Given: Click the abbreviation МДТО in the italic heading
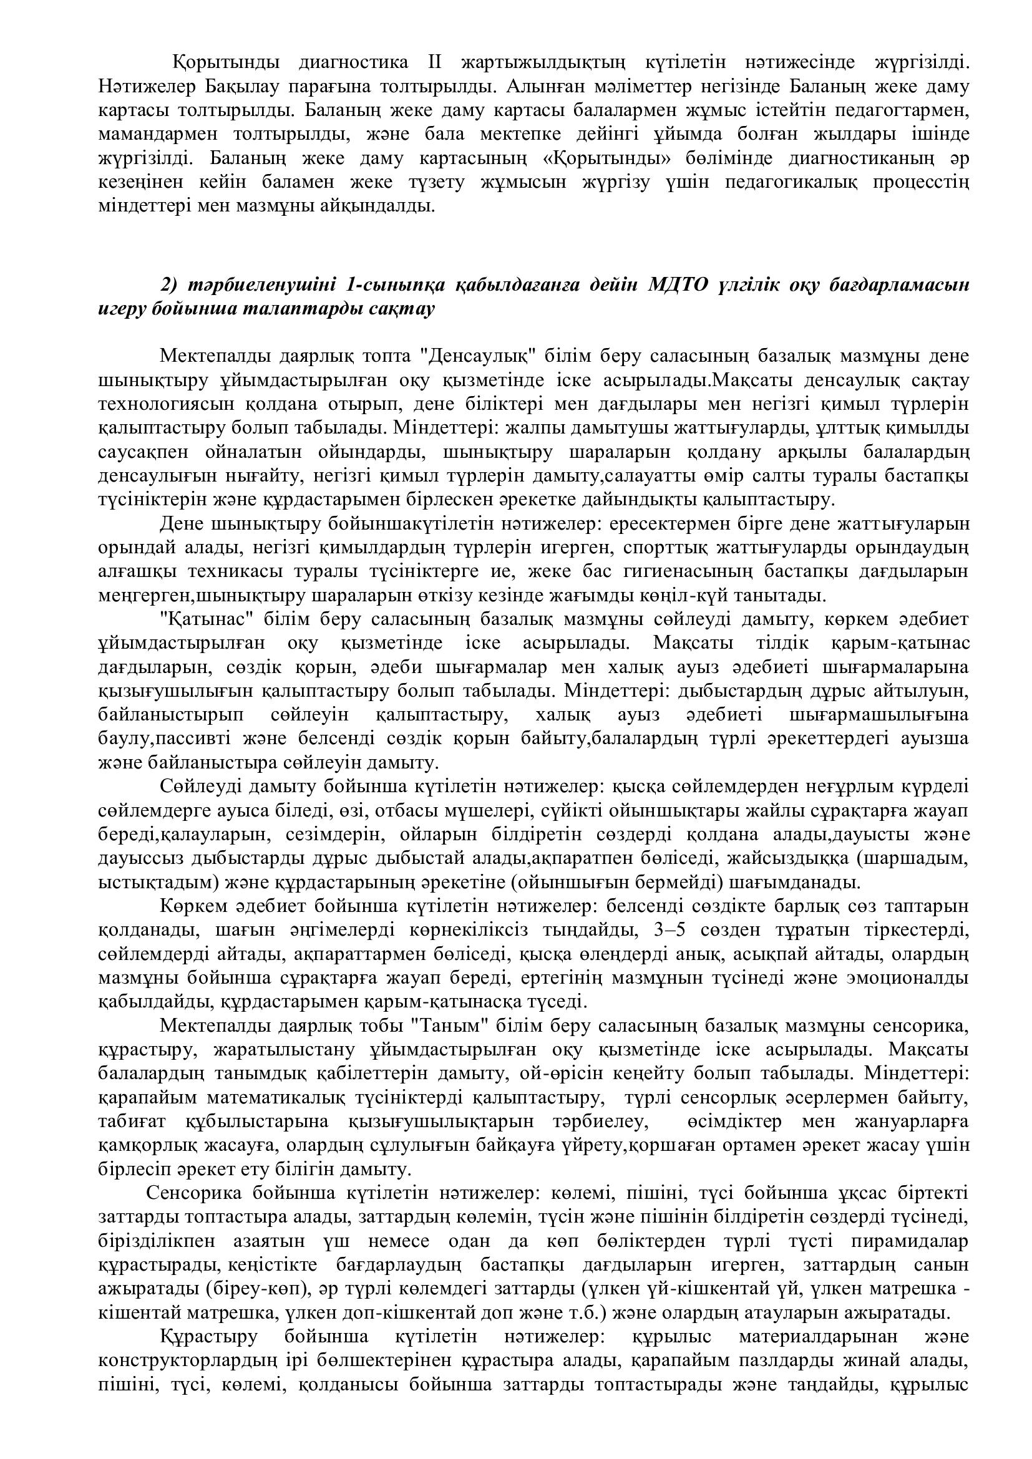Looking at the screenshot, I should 678,285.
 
